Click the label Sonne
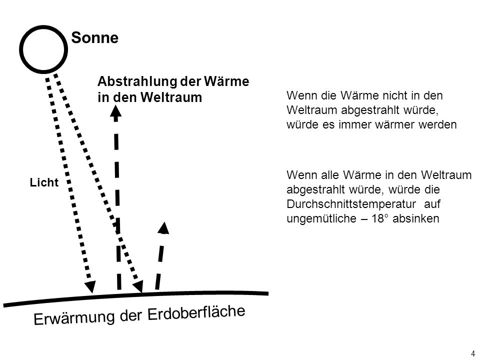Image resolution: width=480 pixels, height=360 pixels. (95, 38)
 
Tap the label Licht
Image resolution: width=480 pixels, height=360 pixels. (44, 182)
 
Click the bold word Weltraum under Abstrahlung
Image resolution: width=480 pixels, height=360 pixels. (171, 97)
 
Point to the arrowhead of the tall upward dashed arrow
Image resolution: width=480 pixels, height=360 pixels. (115, 111)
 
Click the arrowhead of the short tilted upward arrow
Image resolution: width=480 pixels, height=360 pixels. (164, 228)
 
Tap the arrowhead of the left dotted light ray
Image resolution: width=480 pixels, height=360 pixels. (90, 286)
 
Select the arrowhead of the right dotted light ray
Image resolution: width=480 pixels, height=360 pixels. (138, 287)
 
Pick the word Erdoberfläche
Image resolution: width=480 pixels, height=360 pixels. (196, 312)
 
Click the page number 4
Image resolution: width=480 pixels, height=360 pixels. (473, 352)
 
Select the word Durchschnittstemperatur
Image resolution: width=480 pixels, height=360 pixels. (351, 204)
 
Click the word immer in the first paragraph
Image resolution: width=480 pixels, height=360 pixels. (351, 124)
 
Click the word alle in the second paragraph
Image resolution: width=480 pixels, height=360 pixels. (330, 175)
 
